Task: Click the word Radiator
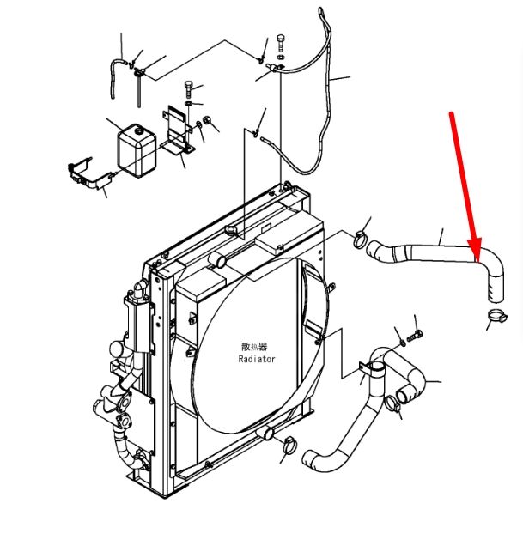257,359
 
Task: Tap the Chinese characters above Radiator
254,347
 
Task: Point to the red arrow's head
475,251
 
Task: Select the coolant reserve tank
137,150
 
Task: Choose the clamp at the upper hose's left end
360,239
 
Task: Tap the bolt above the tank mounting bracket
189,89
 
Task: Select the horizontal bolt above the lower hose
415,336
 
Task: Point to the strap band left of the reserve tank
90,173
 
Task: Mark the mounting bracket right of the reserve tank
178,130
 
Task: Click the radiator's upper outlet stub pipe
217,260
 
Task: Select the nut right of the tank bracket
208,120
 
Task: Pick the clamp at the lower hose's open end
392,403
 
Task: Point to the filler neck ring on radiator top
231,231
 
